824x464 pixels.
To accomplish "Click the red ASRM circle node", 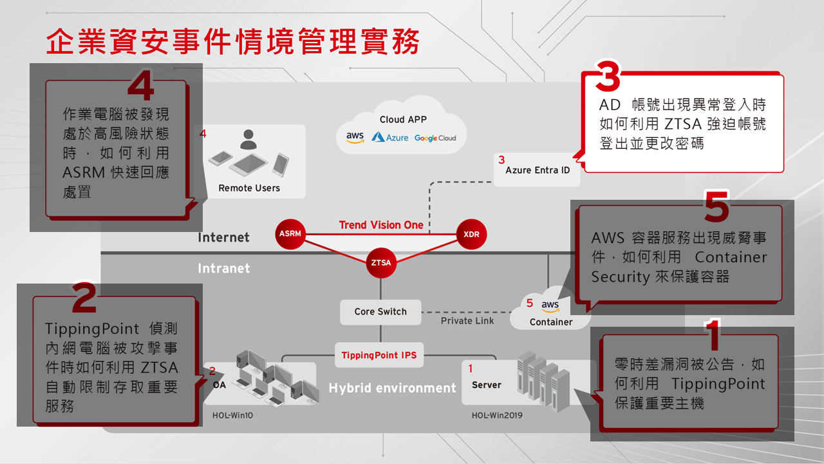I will [290, 233].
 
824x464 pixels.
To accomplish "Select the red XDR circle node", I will [471, 234].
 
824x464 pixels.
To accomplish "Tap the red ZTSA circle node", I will [380, 262].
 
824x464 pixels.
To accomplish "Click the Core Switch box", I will [380, 311].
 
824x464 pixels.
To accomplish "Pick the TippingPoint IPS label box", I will [379, 355].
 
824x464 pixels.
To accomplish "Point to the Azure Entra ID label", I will [538, 170].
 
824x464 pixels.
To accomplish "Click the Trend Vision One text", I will [381, 225].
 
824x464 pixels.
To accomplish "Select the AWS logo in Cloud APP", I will [355, 137].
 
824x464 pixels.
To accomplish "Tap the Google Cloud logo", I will [435, 138].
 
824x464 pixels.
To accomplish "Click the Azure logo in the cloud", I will [390, 137].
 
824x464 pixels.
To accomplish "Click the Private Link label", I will [467, 320].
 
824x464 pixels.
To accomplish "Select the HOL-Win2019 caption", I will [497, 415].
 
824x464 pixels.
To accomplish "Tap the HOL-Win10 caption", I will [232, 415].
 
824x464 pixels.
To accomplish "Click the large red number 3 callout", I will [608, 77].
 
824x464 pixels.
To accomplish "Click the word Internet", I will [223, 238].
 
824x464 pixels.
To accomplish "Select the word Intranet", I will [223, 268].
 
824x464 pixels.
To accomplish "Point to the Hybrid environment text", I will [392, 388].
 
